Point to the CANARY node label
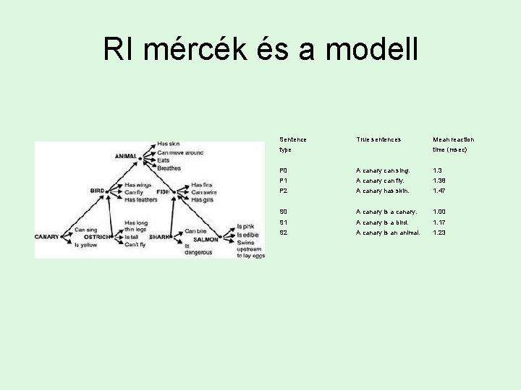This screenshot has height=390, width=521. (48, 237)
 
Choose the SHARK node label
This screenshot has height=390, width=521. (160, 237)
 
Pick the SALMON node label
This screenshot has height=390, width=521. (206, 239)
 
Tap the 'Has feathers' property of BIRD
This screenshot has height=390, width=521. (142, 199)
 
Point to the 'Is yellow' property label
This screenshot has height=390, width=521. (86, 245)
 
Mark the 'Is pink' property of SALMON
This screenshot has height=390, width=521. (246, 227)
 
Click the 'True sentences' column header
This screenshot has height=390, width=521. (378, 139)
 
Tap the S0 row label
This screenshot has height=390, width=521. (284, 212)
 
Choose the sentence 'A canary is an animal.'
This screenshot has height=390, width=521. (388, 233)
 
